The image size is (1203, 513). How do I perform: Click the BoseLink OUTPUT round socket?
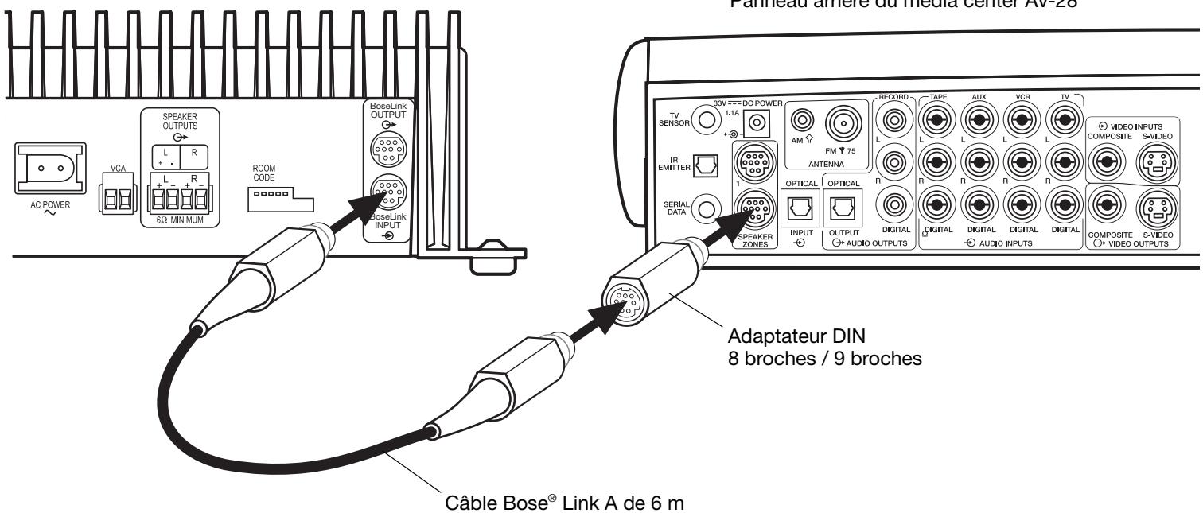[x=389, y=150]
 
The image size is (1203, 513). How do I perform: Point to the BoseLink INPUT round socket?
[x=389, y=192]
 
